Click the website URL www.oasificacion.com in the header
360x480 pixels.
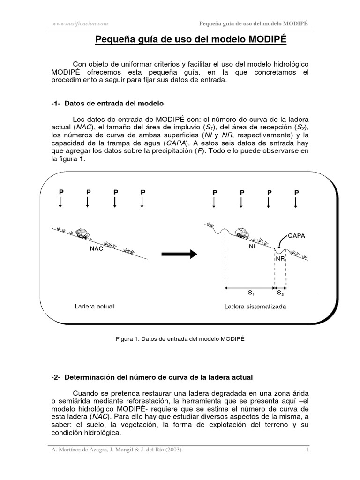coord(81,23)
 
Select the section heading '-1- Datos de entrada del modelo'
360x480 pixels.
coord(107,103)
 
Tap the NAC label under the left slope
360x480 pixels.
coord(97,249)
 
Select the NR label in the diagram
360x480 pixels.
coord(280,258)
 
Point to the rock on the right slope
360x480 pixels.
coord(242,232)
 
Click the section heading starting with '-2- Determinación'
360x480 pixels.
coord(152,377)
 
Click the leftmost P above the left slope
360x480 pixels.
coord(60,192)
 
